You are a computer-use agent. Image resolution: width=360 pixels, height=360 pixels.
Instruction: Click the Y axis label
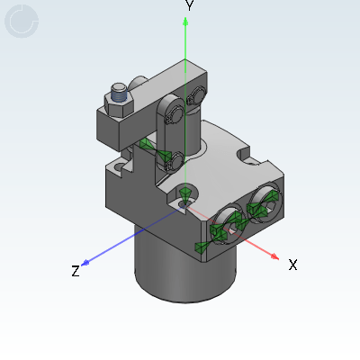[x=189, y=5]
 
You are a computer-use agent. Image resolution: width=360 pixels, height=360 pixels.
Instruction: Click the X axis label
[x=292, y=265]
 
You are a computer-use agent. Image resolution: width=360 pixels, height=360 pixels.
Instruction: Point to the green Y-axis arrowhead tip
[x=185, y=22]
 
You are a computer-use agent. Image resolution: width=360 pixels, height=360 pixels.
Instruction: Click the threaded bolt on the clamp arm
[x=118, y=91]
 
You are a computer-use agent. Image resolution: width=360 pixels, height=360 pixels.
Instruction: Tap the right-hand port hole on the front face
[x=265, y=202]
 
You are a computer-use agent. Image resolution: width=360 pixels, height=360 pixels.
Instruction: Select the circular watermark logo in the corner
[x=22, y=22]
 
